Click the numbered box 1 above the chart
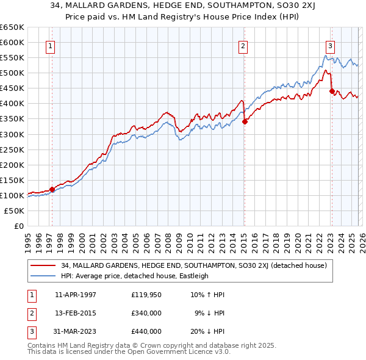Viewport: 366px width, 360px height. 50,45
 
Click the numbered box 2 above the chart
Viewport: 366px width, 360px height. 243,45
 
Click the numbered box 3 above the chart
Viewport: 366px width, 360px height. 330,45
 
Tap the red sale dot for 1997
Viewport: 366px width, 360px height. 52,189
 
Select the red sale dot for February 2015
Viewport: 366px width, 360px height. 245,121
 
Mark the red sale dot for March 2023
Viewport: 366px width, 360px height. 332,91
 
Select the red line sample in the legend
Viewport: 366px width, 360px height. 43,265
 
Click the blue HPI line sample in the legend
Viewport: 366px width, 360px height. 43,276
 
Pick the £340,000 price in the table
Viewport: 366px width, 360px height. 146,313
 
